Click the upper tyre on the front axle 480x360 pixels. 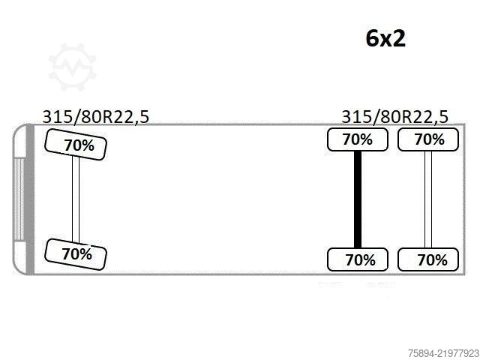click(x=76, y=145)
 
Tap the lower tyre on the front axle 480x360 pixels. click(x=76, y=254)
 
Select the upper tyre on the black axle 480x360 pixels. click(x=358, y=139)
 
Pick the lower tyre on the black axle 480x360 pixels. click(x=358, y=259)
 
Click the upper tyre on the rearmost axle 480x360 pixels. click(x=428, y=139)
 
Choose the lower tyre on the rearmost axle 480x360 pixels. click(x=428, y=259)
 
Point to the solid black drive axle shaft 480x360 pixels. click(x=358, y=199)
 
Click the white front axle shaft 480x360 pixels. click(x=76, y=199)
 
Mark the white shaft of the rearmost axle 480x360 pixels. click(x=428, y=199)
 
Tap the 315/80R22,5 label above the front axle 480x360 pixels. click(x=95, y=117)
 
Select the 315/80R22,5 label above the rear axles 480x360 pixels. click(x=394, y=117)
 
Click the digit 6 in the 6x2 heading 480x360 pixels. click(x=373, y=38)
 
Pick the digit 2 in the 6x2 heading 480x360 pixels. click(x=399, y=38)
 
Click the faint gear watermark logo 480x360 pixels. click(x=73, y=67)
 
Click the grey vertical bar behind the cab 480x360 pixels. click(x=30, y=199)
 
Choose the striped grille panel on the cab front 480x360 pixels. click(x=19, y=199)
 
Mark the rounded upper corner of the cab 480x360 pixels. click(x=16, y=130)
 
